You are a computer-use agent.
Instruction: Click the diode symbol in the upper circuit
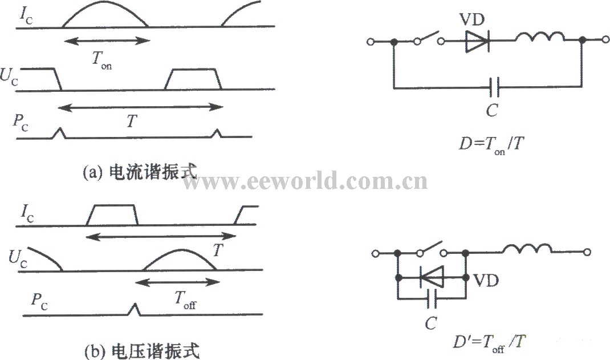(478, 40)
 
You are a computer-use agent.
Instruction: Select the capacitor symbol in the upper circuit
(494, 87)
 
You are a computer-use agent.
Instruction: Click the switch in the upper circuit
(428, 39)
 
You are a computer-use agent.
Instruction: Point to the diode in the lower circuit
(432, 277)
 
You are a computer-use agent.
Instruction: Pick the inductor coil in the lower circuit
(527, 249)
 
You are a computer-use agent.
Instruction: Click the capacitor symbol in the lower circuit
(432, 298)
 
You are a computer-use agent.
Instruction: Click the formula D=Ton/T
(491, 144)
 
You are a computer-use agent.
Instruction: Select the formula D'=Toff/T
(489, 342)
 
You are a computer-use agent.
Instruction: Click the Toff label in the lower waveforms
(185, 300)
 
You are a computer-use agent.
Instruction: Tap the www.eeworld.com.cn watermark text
(305, 182)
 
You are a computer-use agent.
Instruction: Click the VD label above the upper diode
(472, 19)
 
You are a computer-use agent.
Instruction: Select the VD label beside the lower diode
(486, 280)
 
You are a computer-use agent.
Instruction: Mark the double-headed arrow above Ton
(107, 40)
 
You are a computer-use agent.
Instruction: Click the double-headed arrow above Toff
(177, 282)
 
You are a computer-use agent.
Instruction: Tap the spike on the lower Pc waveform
(134, 309)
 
